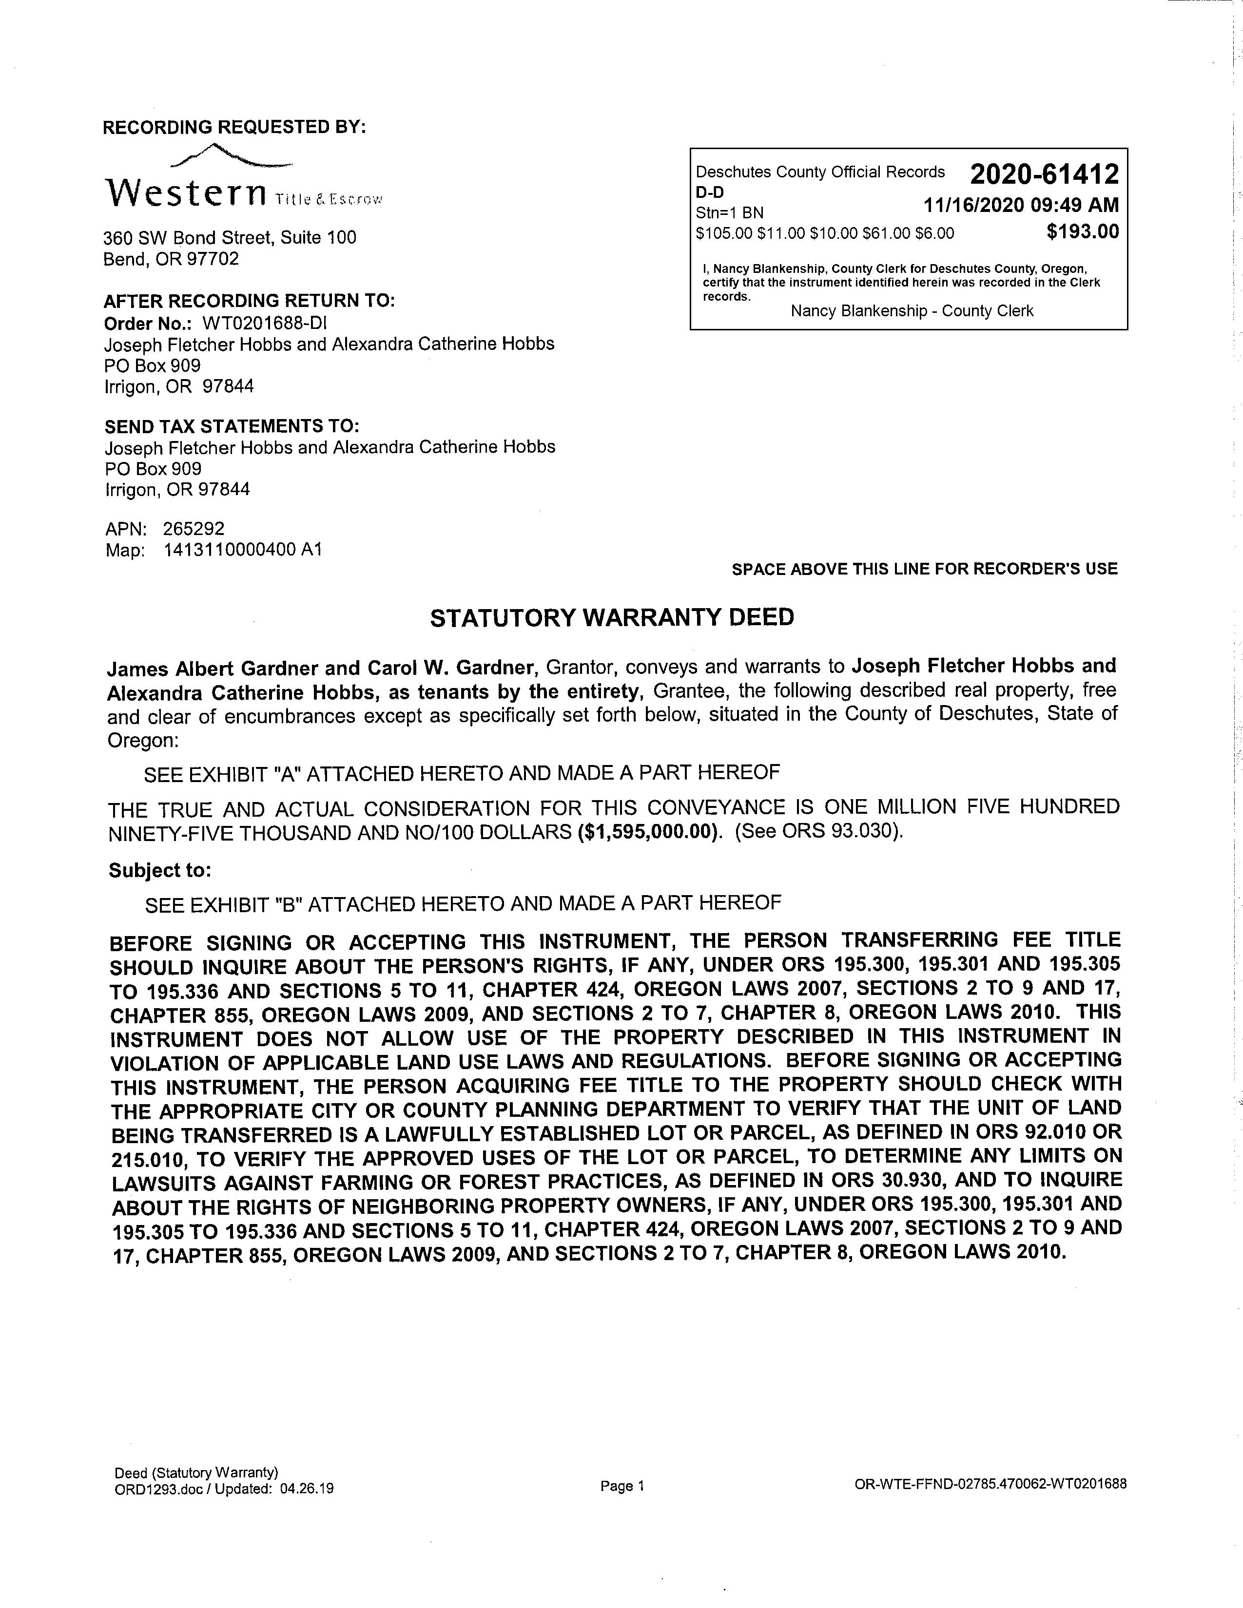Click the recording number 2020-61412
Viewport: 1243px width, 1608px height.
click(x=1044, y=174)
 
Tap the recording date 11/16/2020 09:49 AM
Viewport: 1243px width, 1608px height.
click(x=1021, y=205)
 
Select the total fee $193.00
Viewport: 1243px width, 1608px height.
click(x=1083, y=232)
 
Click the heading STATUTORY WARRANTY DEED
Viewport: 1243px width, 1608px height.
click(x=612, y=617)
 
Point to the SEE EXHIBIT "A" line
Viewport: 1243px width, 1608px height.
click(x=462, y=773)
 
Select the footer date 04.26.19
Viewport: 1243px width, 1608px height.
click(x=307, y=1488)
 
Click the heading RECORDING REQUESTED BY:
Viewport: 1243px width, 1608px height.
click(x=234, y=127)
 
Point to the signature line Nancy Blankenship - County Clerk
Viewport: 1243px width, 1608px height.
click(x=912, y=311)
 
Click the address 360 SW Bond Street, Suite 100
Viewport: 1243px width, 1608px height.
click(x=230, y=237)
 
